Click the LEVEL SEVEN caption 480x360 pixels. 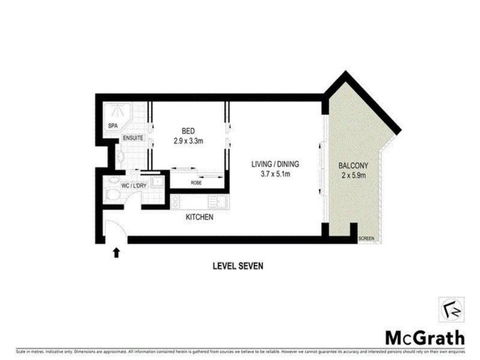pos(239,265)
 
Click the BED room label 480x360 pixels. pos(187,131)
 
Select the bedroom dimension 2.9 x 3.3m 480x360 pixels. pos(187,141)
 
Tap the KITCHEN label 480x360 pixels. pos(200,214)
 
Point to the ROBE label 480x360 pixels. pos(198,183)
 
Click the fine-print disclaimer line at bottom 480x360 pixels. pos(240,351)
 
